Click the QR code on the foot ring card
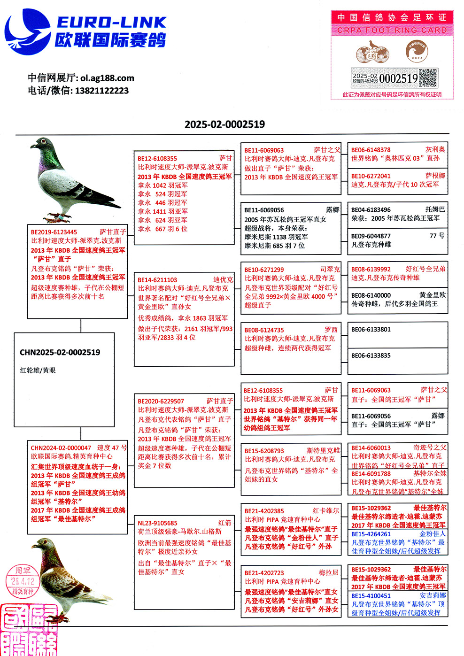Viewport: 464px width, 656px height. [427, 78]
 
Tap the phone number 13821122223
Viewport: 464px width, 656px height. [101, 91]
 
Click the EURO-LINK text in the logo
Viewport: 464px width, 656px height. [111, 22]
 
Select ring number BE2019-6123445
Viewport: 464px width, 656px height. [54, 232]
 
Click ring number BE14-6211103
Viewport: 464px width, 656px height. [157, 280]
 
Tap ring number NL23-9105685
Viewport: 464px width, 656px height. [157, 523]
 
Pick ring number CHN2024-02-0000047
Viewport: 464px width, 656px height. [61, 448]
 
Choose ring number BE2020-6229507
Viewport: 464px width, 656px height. [161, 401]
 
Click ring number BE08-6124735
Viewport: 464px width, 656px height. [264, 330]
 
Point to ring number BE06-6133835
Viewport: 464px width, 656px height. [371, 355]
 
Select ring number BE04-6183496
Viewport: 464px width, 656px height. [371, 210]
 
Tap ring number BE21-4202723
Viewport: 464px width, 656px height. [264, 573]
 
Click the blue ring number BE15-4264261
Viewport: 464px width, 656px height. [371, 534]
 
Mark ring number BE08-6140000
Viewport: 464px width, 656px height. [371, 295]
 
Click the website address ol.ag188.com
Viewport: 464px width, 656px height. [107, 78]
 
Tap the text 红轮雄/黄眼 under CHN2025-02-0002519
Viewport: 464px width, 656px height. [38, 370]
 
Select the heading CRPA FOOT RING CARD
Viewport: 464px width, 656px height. [392, 30]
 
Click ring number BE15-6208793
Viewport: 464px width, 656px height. [264, 451]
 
